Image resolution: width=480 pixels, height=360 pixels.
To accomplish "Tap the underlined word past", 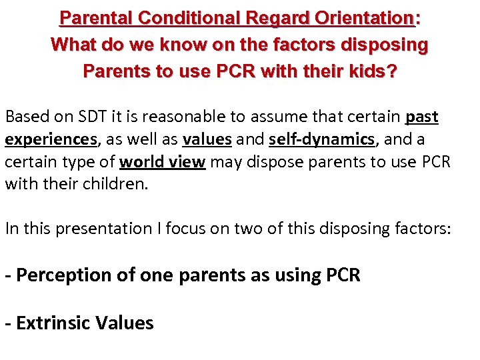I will click(x=421, y=117).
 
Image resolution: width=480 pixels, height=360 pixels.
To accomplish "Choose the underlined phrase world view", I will click(x=162, y=163).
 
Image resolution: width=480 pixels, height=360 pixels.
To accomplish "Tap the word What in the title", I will click(x=72, y=45).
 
